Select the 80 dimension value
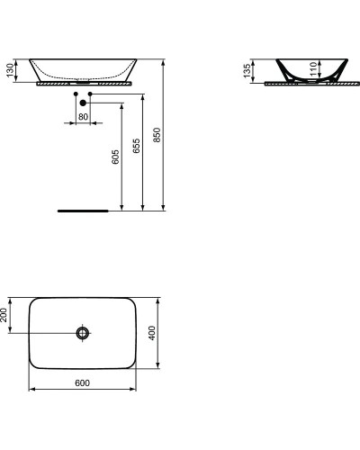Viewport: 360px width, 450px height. coord(82,116)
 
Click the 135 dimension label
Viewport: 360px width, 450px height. coord(247,71)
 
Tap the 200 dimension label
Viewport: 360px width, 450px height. coord(5,315)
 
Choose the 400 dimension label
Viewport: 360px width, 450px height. coord(153,332)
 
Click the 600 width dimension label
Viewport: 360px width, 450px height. coord(82,383)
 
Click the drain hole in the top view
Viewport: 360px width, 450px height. coord(83,333)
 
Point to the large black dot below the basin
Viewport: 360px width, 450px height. coord(82,102)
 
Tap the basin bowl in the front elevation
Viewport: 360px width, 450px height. coord(82,68)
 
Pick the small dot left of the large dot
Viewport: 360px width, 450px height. coord(76,93)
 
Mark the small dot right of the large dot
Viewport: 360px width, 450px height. coord(90,93)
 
